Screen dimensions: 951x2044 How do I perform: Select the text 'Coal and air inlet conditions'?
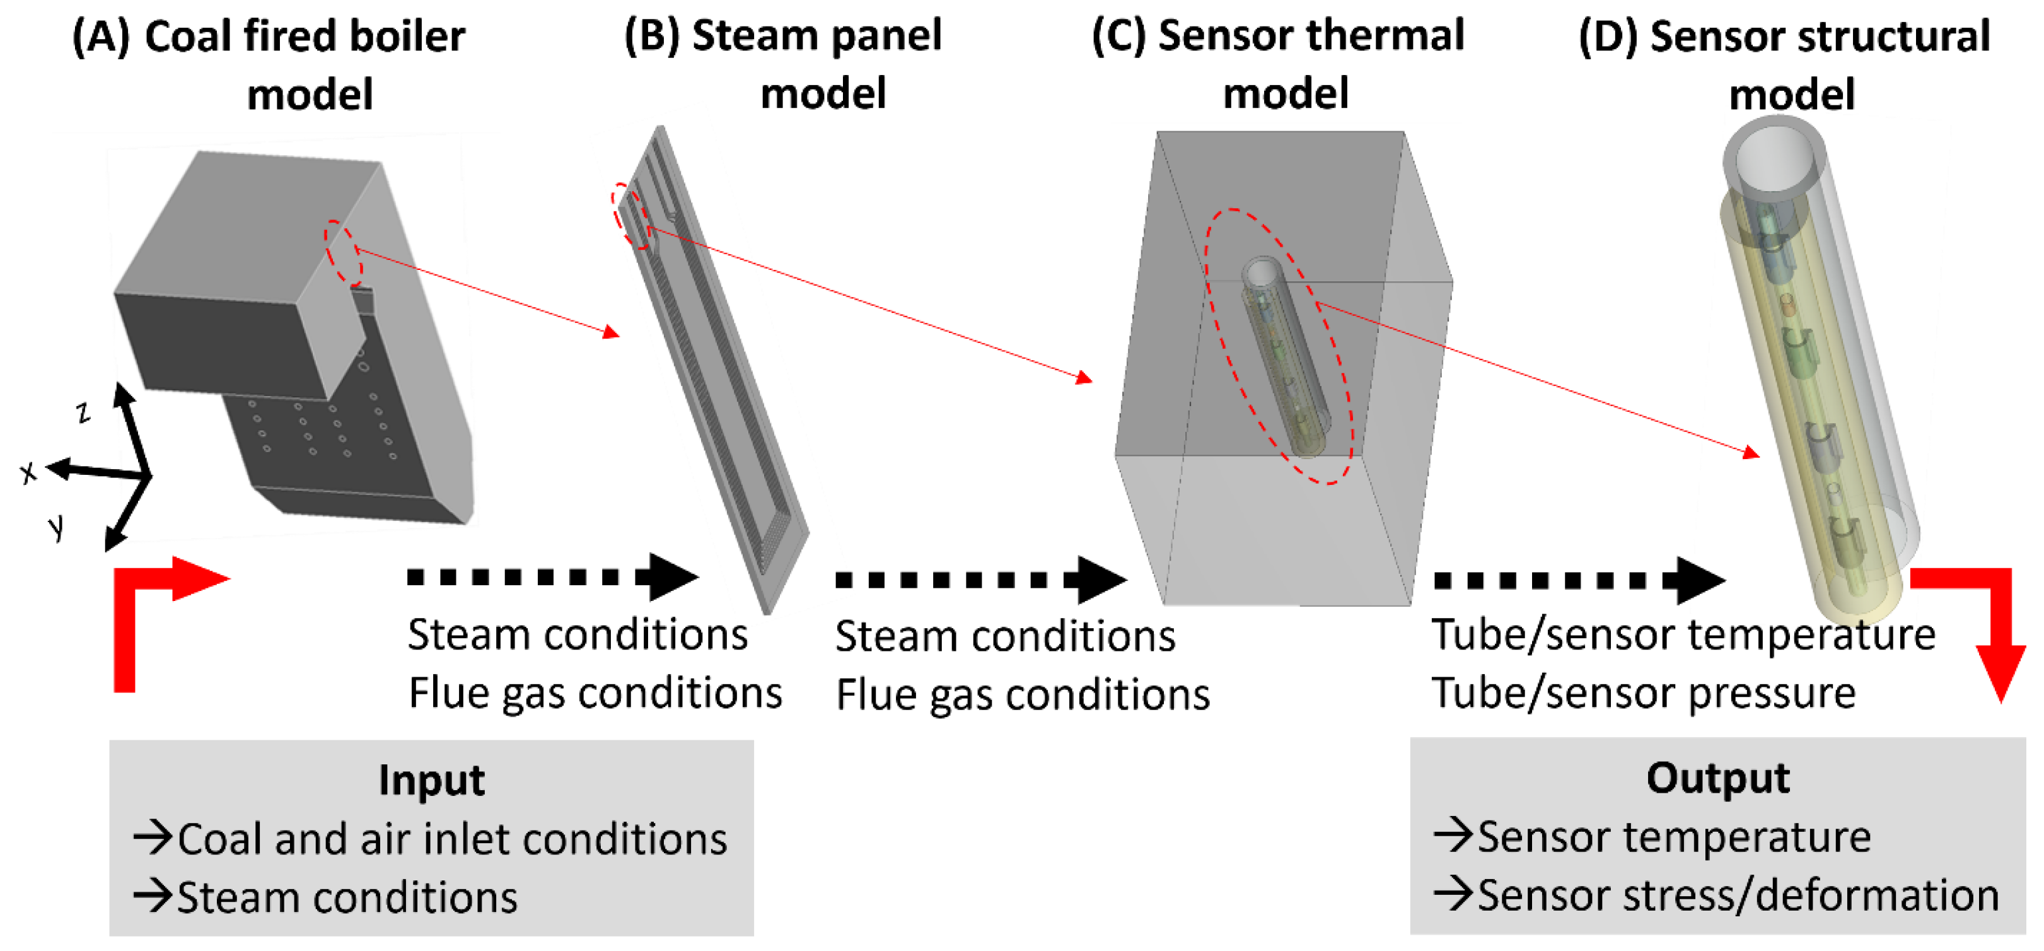(x=451, y=839)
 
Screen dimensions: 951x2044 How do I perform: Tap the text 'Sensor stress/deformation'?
(x=1737, y=896)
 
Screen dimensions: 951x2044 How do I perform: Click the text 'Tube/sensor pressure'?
(x=1642, y=693)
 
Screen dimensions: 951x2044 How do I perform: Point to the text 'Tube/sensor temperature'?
(x=1682, y=635)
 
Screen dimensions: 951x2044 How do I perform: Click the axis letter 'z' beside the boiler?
(x=83, y=412)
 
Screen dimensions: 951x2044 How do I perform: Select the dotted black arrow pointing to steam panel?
(x=552, y=577)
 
